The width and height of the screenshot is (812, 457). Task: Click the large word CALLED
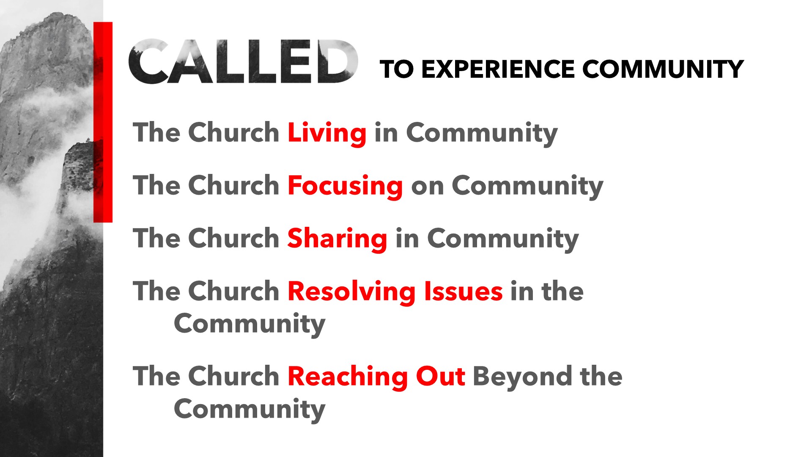(243, 61)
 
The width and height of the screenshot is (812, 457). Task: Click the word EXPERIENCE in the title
(498, 69)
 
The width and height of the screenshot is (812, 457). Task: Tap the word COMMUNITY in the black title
(663, 69)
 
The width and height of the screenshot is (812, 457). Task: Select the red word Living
(327, 133)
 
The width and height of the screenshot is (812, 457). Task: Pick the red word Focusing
(345, 186)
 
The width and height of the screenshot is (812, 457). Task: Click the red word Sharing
(337, 239)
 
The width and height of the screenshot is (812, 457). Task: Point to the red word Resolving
(352, 292)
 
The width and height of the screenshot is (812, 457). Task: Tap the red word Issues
(464, 292)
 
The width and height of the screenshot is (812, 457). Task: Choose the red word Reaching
(348, 377)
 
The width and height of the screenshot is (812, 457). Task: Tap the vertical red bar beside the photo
(103, 122)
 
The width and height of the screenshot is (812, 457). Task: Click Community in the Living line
(482, 134)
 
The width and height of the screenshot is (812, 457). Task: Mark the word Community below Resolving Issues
(250, 325)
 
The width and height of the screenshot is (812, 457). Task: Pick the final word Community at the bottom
(250, 410)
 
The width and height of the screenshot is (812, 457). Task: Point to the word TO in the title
(397, 69)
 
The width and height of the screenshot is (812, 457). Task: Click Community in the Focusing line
(527, 187)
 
